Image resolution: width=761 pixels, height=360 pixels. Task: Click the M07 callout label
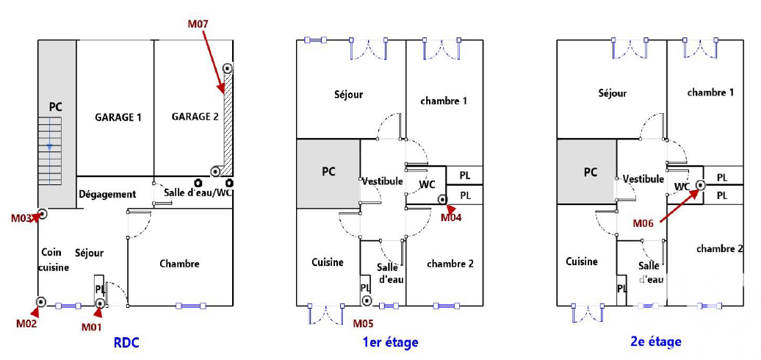[198, 24]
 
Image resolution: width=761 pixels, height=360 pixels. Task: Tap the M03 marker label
[21, 218]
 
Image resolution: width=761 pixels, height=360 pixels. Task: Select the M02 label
[26, 322]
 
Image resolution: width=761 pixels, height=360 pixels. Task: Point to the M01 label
[91, 327]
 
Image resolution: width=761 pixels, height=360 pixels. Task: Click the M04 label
[451, 217]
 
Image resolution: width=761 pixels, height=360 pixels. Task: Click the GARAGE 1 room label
[118, 117]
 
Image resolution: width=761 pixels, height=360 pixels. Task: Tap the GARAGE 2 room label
[195, 117]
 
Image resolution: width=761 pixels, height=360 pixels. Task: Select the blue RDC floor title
[126, 342]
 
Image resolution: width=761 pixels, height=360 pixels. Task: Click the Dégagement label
[107, 194]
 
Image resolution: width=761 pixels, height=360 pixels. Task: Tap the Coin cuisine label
[53, 260]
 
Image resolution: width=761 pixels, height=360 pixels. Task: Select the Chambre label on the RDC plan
[179, 264]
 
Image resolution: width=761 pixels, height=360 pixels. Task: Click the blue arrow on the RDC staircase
[50, 146]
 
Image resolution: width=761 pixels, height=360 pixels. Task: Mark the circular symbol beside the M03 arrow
[43, 214]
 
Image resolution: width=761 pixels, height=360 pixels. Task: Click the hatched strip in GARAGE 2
[227, 129]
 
